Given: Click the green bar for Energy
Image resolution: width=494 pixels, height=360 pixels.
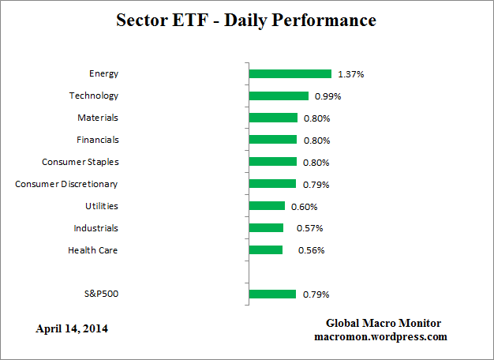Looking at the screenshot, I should [x=290, y=73].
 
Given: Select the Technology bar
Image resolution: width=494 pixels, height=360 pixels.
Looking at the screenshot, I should [x=279, y=96].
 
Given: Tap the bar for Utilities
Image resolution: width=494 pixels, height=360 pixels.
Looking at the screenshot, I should [x=267, y=206].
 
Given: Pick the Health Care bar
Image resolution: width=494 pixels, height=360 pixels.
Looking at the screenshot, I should [x=265, y=250].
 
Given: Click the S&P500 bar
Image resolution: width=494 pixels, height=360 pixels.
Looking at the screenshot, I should [x=272, y=294].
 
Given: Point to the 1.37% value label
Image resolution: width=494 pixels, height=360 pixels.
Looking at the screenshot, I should [x=350, y=74].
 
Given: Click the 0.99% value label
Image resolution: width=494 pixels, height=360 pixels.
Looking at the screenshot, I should [x=327, y=96].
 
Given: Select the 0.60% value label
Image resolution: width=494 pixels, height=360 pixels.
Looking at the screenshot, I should [x=304, y=207].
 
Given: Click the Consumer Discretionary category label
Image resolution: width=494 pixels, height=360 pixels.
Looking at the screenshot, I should [x=66, y=184].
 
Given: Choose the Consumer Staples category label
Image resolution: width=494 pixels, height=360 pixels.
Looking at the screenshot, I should [x=80, y=162].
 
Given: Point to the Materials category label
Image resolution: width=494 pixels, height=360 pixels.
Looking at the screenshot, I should [x=97, y=118].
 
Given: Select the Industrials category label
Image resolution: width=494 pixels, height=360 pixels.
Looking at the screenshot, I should [x=95, y=228].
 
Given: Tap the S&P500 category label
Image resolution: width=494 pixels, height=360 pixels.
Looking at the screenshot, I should [x=100, y=294].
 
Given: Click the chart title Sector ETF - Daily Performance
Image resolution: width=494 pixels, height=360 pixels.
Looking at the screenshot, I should [x=246, y=21].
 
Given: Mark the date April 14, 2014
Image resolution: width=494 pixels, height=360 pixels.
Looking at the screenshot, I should [x=72, y=328].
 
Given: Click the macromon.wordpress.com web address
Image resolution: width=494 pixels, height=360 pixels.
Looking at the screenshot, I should [x=381, y=336].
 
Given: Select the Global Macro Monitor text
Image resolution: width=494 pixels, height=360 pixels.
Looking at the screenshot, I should [x=383, y=323].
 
